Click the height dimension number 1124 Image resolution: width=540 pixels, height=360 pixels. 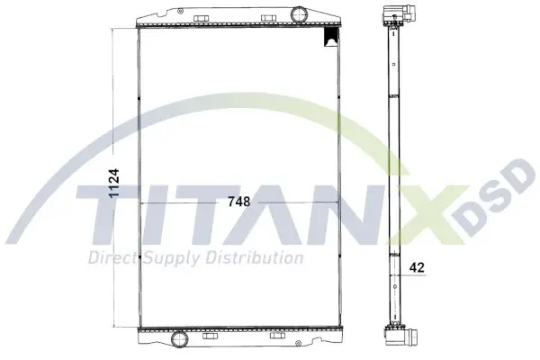(x=113, y=183)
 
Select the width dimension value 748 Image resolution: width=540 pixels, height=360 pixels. (x=238, y=202)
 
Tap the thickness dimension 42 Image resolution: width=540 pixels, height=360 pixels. (x=417, y=267)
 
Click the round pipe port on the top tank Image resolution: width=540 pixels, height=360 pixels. (x=299, y=14)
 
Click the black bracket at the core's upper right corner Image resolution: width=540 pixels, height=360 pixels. (x=330, y=37)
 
